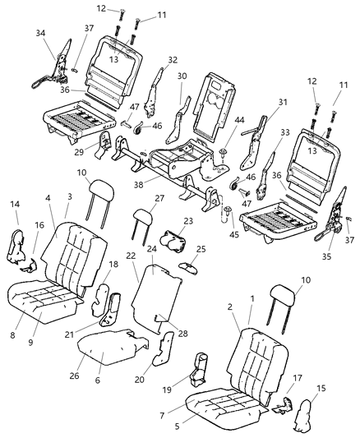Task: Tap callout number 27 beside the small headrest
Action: [x=160, y=199]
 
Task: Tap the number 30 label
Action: [x=182, y=76]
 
